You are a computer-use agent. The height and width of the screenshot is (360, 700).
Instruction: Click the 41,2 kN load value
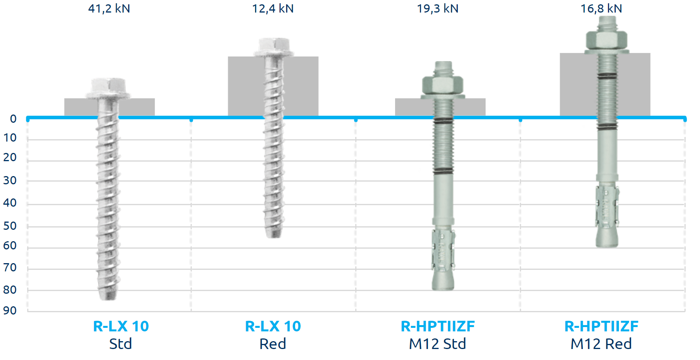109,8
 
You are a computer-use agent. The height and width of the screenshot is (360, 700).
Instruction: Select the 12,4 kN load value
273,8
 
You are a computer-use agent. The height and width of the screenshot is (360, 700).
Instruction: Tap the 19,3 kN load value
437,8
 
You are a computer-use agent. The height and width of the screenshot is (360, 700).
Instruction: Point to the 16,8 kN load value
601,8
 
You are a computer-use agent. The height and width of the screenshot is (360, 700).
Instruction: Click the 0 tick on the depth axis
13,119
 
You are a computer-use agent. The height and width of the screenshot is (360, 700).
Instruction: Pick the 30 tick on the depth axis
10,180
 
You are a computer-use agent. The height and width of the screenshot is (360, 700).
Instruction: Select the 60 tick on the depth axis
10,245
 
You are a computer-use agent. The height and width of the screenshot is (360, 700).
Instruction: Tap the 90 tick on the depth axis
10,311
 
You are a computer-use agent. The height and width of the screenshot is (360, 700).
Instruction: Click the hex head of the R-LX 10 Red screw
273,47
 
